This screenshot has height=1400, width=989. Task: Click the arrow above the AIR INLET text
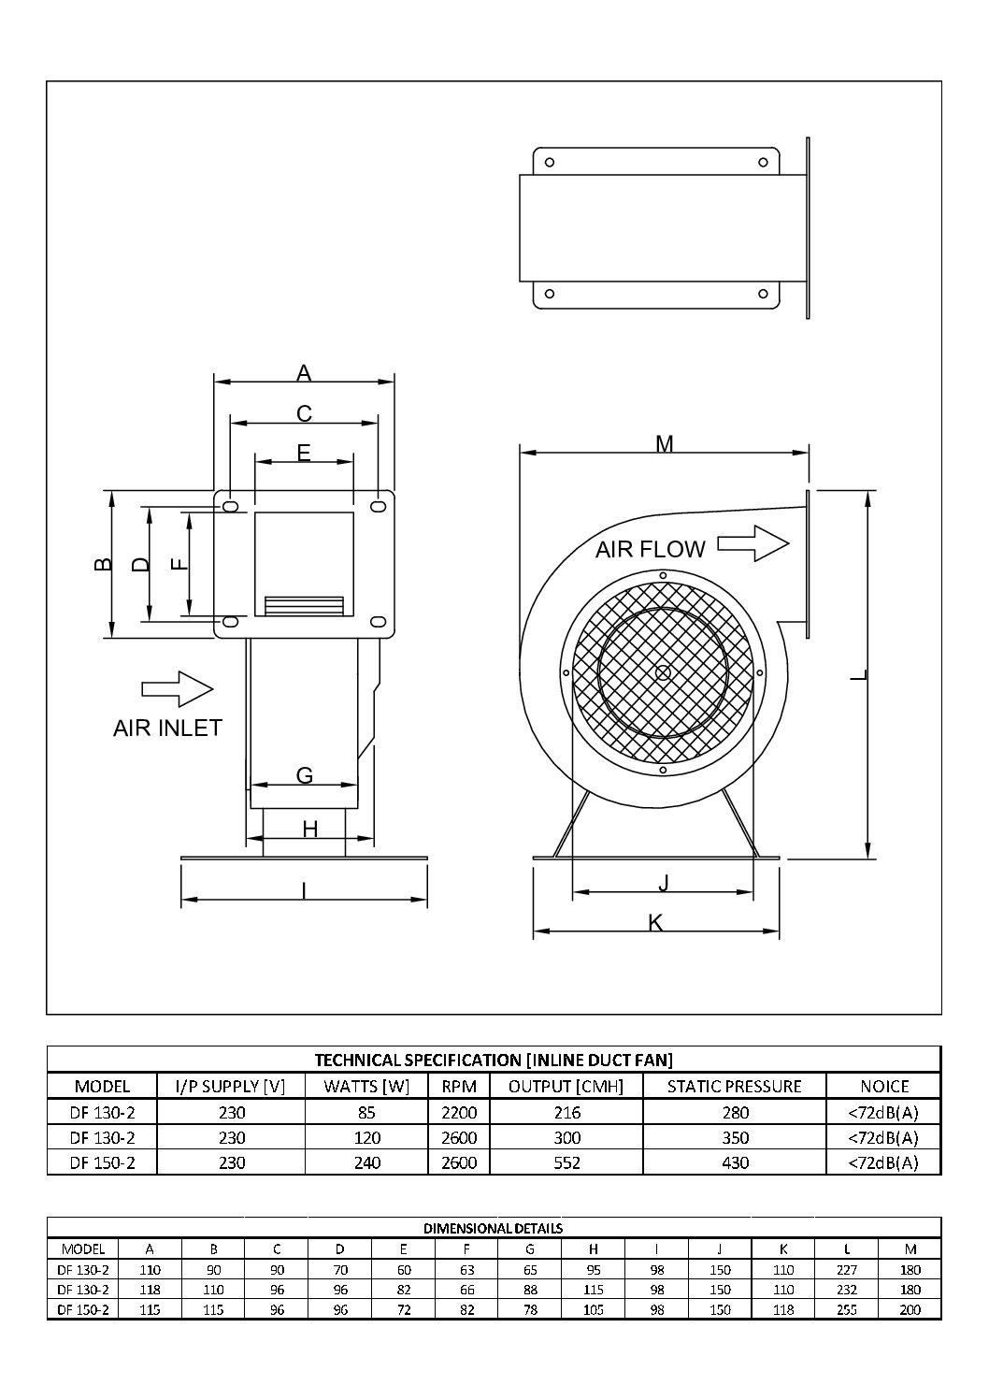click(178, 688)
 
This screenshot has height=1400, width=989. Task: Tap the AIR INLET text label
click(167, 728)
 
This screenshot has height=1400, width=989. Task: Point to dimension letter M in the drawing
click(664, 444)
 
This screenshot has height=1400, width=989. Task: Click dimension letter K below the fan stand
click(656, 923)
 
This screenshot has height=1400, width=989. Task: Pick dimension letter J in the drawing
click(664, 883)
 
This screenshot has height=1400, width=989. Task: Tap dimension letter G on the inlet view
click(304, 775)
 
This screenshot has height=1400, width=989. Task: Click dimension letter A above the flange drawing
click(304, 373)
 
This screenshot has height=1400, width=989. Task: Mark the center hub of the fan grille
click(663, 672)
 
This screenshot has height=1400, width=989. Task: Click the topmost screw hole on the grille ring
click(663, 575)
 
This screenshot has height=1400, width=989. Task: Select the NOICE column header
click(883, 1086)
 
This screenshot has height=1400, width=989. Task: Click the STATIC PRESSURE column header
click(734, 1086)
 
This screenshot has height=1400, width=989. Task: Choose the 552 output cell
click(566, 1162)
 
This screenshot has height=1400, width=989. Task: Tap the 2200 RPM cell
click(458, 1112)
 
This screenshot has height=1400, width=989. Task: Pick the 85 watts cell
click(366, 1112)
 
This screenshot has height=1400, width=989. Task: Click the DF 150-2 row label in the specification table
click(103, 1162)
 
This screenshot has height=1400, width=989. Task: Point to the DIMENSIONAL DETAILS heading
click(494, 1228)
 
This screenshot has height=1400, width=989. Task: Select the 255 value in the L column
click(847, 1310)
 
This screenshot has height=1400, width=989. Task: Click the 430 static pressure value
click(735, 1162)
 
